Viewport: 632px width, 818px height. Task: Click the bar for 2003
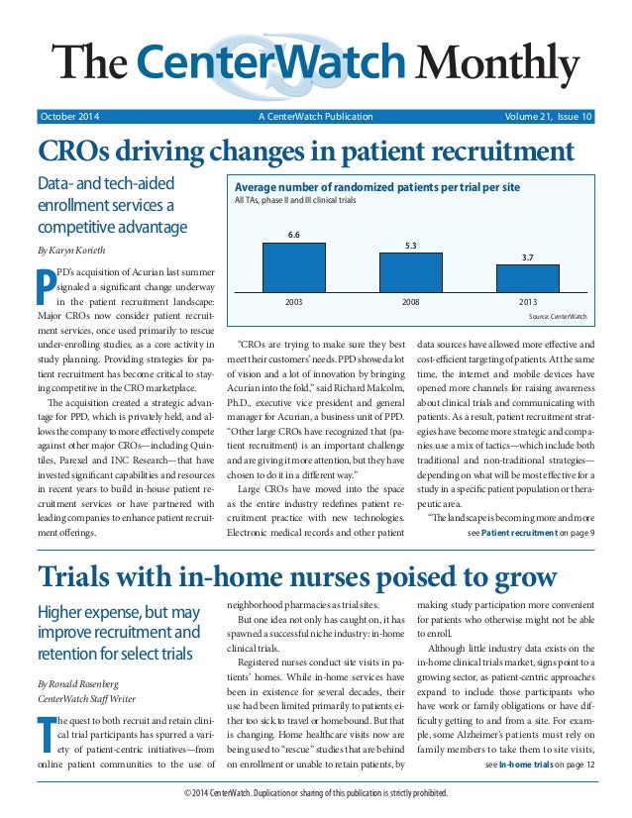pyautogui.click(x=292, y=264)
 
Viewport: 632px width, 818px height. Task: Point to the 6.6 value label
pyautogui.click(x=293, y=235)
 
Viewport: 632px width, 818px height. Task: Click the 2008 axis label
pyautogui.click(x=410, y=298)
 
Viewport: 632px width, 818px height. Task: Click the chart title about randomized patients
pyautogui.click(x=376, y=187)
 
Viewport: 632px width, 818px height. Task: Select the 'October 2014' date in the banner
pyautogui.click(x=69, y=117)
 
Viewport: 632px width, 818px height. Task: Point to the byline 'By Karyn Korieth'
pyautogui.click(x=72, y=250)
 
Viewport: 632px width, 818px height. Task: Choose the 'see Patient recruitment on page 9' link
pyautogui.click(x=530, y=532)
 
